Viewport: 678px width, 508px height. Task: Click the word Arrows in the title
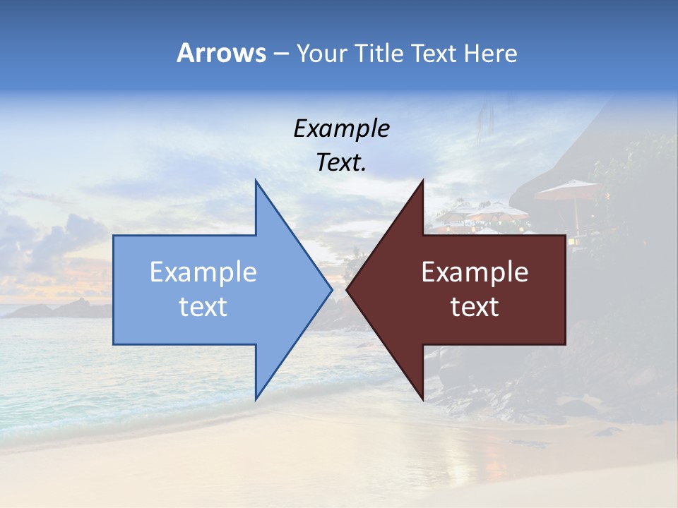coord(221,53)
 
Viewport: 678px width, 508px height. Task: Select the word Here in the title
coord(490,54)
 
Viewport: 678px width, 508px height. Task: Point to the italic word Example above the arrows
coord(341,128)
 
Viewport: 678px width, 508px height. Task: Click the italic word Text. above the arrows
coord(341,162)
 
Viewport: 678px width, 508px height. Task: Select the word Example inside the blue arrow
coord(203,272)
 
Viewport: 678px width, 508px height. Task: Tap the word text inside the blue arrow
coord(203,307)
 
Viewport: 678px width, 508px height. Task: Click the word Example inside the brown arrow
coord(475,272)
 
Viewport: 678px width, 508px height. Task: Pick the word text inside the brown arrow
coord(475,307)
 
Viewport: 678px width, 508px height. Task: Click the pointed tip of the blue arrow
coord(331,289)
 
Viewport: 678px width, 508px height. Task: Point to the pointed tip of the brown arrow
coord(347,289)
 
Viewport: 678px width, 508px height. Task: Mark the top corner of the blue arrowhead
coord(256,181)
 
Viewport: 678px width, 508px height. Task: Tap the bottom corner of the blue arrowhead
coord(256,399)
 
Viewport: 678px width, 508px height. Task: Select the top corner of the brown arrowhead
coord(422,181)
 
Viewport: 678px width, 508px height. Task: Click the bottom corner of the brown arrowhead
coord(422,399)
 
